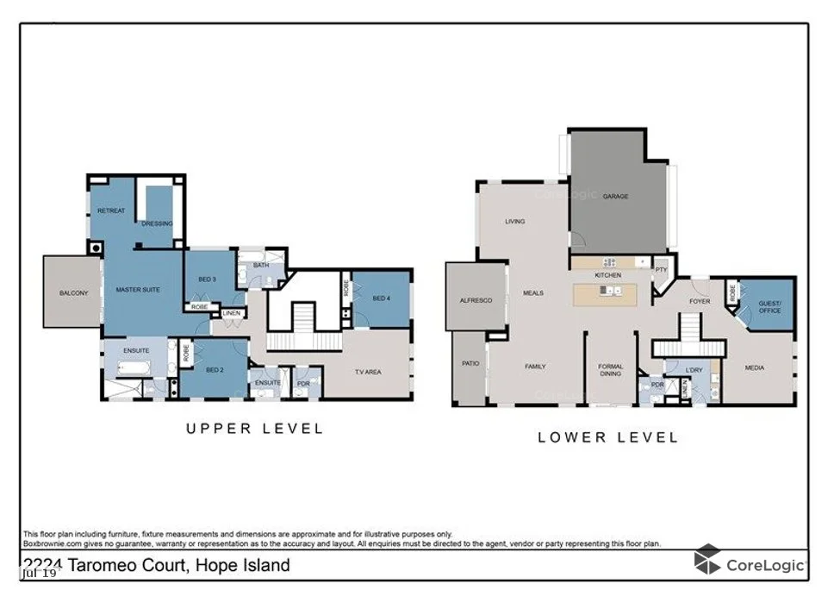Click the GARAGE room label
point(615,197)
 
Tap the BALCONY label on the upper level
point(74,293)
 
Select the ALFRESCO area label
point(476,300)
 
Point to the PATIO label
point(470,364)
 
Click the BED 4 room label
point(381,298)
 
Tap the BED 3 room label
point(207,279)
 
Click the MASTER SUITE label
point(140,290)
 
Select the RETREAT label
point(110,211)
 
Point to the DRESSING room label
point(157,223)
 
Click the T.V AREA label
point(368,372)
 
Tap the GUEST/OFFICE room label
point(769,306)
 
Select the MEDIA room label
point(755,368)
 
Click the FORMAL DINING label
point(611,371)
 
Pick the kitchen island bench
point(611,294)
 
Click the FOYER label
point(700,302)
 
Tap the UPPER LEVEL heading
point(255,429)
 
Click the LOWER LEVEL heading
point(608,437)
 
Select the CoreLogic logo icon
point(707,560)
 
